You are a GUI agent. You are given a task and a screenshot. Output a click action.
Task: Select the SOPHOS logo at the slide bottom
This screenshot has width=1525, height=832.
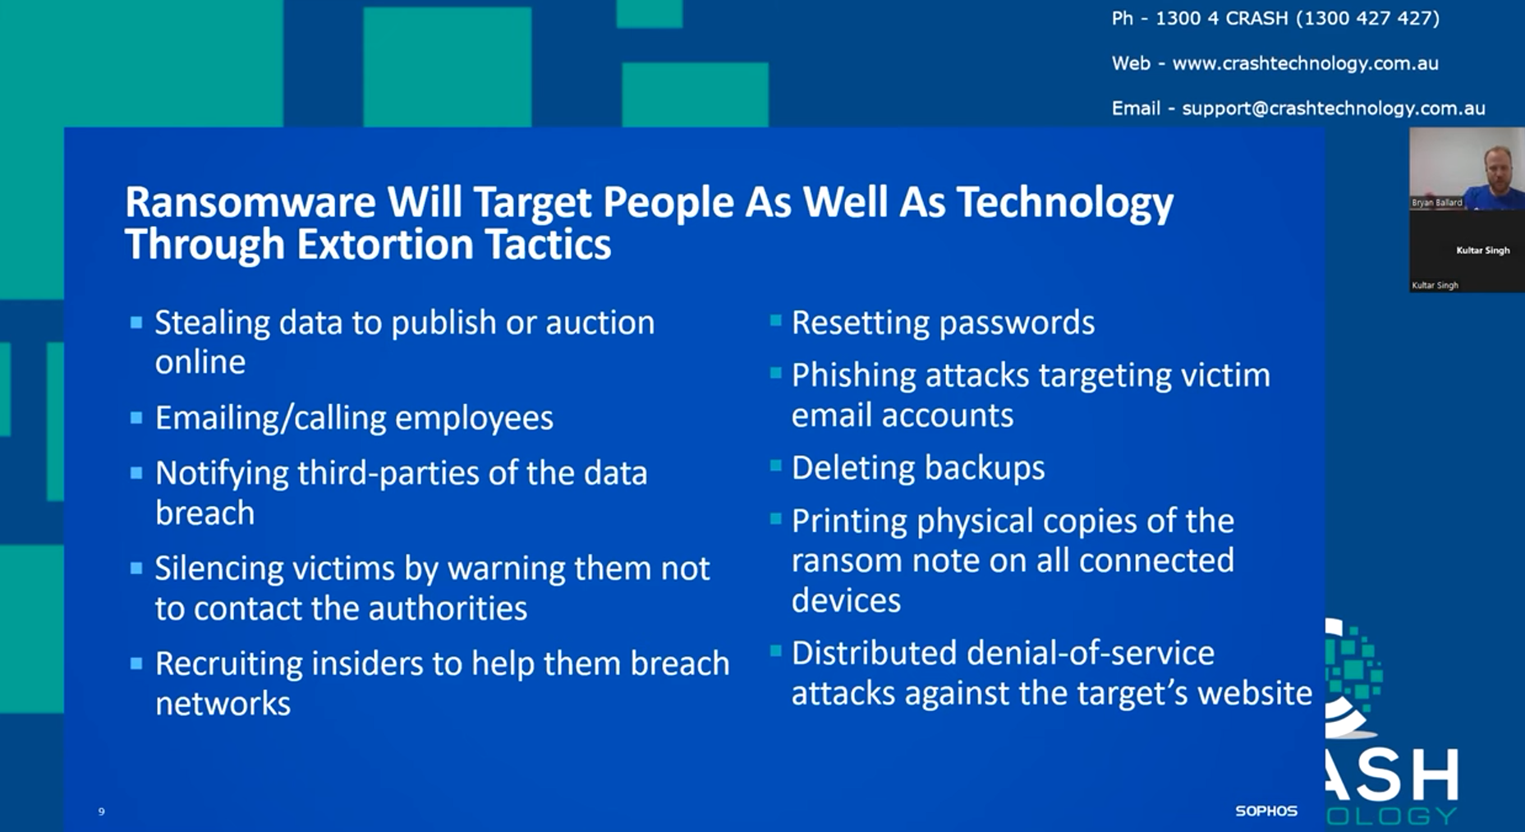click(x=1266, y=811)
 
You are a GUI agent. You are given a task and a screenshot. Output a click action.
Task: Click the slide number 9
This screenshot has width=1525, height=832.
click(x=101, y=811)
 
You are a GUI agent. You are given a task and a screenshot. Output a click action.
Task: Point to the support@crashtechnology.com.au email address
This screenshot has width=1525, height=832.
click(x=1334, y=108)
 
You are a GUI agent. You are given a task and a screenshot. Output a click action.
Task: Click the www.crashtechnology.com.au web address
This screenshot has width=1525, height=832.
click(x=1305, y=63)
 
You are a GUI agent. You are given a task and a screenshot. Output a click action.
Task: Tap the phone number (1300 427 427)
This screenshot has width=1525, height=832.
click(x=1367, y=18)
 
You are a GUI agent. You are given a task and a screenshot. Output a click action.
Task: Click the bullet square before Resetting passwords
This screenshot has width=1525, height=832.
click(x=776, y=320)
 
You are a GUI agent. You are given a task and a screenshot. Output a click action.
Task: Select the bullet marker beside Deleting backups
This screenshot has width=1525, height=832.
click(x=776, y=466)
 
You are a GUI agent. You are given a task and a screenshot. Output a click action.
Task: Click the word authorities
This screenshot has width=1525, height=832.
click(x=448, y=609)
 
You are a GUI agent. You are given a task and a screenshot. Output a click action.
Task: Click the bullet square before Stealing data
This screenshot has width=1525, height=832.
click(x=136, y=323)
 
